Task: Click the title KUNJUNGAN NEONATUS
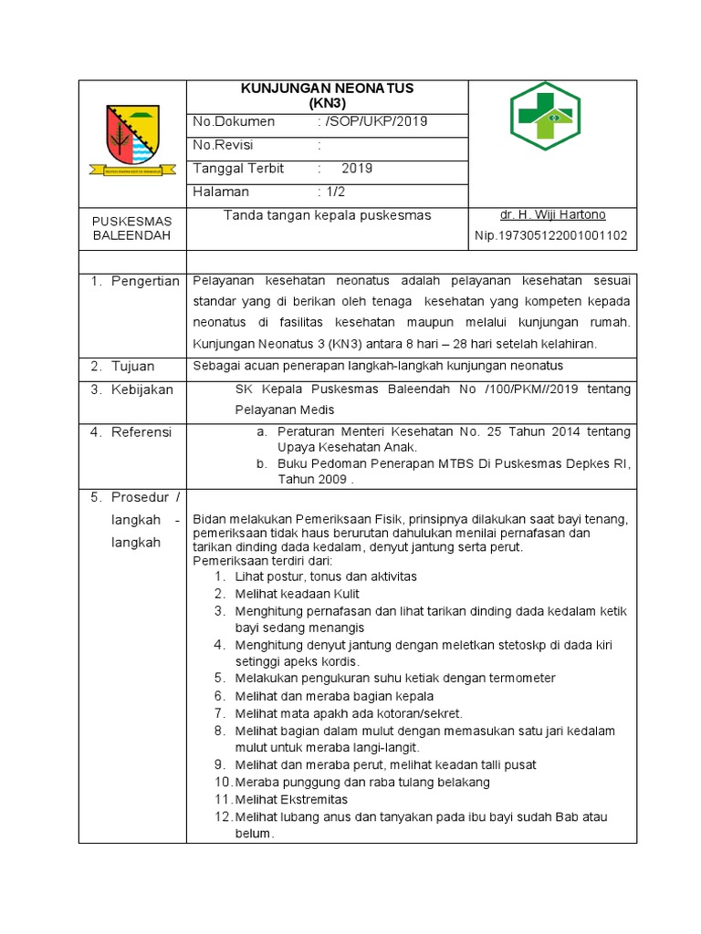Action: tap(327, 88)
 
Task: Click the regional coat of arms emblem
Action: tap(132, 140)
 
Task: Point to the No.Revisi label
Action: tap(224, 145)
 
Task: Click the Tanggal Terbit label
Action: tap(238, 169)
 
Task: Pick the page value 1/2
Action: tap(332, 192)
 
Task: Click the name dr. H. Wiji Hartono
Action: tap(552, 215)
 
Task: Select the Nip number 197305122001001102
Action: tap(550, 236)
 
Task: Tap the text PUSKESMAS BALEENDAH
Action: tap(131, 228)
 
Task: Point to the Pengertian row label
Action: tap(144, 281)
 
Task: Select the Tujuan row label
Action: tap(133, 366)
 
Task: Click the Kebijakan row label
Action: tap(141, 389)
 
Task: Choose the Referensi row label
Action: tap(141, 432)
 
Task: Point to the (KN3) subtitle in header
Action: tap(327, 102)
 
